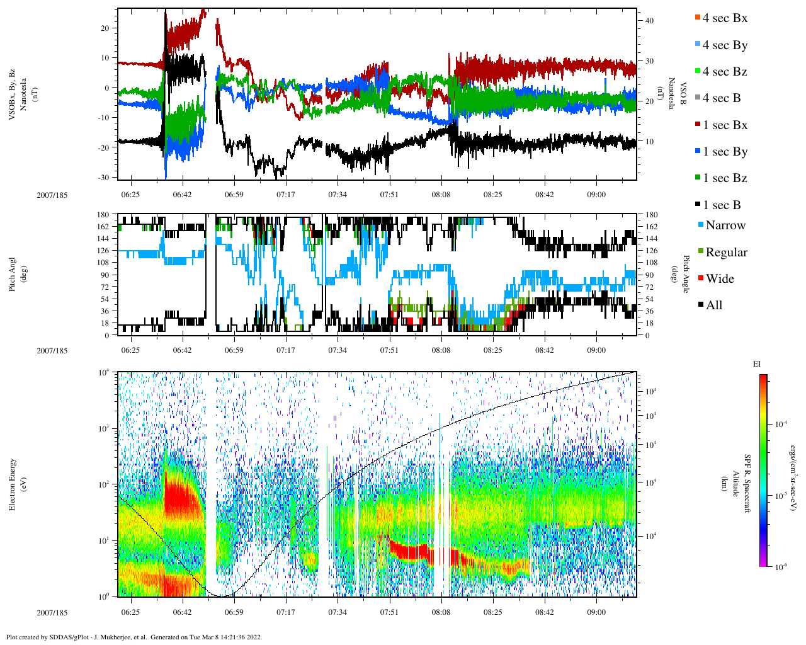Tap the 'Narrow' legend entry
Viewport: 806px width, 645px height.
point(725,225)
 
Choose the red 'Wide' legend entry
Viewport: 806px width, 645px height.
point(719,278)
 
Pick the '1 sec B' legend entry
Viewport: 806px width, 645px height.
point(721,205)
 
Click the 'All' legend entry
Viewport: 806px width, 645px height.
point(713,305)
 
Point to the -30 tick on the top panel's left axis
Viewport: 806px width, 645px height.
point(104,178)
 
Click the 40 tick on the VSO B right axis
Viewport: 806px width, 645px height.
point(649,21)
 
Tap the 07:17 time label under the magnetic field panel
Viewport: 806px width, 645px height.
point(285,195)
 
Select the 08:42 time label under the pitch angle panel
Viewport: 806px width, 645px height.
point(545,351)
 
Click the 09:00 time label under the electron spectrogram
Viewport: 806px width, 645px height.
point(596,612)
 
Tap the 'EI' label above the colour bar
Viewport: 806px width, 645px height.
point(757,364)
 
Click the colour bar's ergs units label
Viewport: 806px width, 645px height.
point(795,484)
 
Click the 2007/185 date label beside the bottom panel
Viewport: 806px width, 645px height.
point(52,612)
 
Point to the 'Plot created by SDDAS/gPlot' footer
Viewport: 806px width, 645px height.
point(133,637)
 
